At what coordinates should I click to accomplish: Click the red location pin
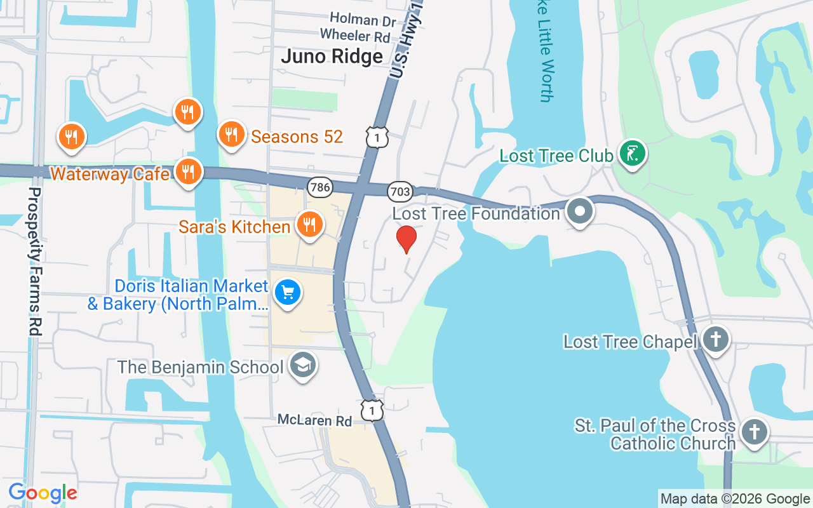(x=406, y=238)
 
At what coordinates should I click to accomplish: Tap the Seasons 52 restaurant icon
(x=232, y=135)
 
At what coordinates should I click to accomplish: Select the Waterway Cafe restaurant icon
(x=187, y=172)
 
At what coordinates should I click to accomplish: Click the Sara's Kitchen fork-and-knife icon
(x=309, y=225)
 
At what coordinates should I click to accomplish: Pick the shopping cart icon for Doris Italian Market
(x=288, y=293)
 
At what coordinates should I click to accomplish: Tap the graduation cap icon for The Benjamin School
(x=303, y=365)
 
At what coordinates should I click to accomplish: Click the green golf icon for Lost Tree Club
(x=632, y=154)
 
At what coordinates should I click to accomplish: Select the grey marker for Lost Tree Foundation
(x=579, y=211)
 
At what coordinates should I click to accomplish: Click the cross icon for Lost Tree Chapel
(x=716, y=340)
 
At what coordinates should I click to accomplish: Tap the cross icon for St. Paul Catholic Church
(x=754, y=432)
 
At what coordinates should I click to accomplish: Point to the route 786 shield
(x=319, y=187)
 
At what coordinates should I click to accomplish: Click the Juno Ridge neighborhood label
(x=332, y=57)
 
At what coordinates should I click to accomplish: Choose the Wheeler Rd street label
(x=355, y=36)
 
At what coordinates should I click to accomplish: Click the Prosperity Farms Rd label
(x=36, y=260)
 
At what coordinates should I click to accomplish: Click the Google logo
(x=43, y=493)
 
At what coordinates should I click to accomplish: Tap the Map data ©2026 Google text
(x=735, y=499)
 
